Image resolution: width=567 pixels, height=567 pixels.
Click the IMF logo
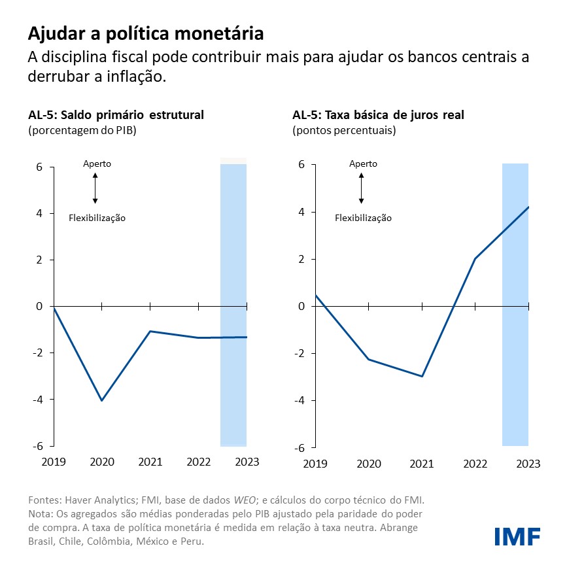point(517,536)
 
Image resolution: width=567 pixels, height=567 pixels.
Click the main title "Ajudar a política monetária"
point(146,33)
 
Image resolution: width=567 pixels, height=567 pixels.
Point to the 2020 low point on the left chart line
point(102,400)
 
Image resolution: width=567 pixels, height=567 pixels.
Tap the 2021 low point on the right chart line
point(422,376)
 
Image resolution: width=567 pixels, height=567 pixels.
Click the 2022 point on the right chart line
point(475,259)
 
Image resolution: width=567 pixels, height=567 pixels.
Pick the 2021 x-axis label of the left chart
point(150,462)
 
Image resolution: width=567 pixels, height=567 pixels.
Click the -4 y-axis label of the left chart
point(39,400)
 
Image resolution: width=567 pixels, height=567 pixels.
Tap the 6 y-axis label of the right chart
point(301,165)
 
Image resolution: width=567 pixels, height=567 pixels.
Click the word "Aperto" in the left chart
point(97,163)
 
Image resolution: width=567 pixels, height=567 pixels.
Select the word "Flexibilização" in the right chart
point(363,218)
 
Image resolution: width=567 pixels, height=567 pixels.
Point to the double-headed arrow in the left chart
point(95,188)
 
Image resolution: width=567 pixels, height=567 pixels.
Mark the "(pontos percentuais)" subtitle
point(344,130)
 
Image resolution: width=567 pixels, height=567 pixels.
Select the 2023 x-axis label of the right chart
point(528,464)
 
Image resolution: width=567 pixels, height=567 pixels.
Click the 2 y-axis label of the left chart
point(40,260)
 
